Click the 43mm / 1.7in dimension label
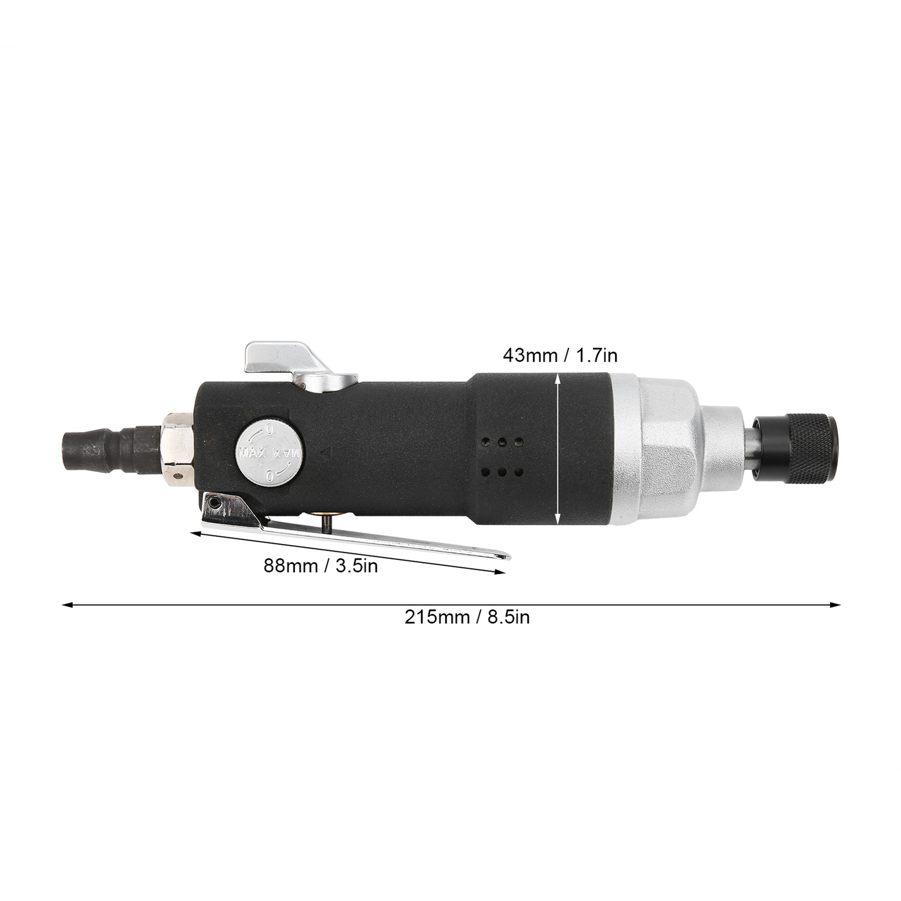(560, 355)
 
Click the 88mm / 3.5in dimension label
(320, 565)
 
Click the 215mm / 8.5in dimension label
(467, 617)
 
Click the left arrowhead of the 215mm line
(65, 606)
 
